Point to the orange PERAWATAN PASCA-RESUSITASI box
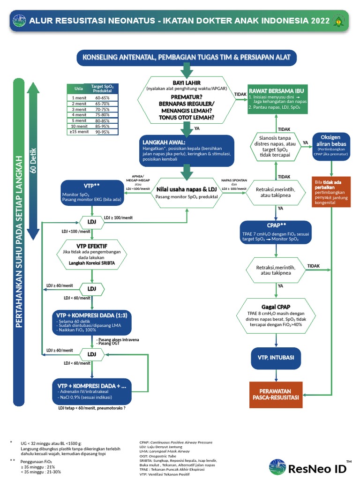coord(276,394)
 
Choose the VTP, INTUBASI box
coord(276,358)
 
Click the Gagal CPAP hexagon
coord(276,317)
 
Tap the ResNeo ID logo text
coord(317,468)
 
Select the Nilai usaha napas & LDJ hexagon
coord(187,192)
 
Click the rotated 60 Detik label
coord(33,160)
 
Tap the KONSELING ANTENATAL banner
coord(187,57)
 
